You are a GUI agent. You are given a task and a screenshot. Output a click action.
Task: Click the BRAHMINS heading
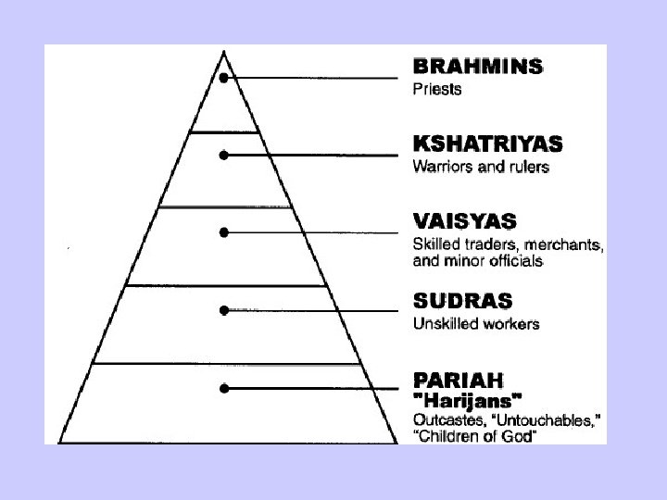[x=477, y=68]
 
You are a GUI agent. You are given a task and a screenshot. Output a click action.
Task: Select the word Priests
[x=436, y=91]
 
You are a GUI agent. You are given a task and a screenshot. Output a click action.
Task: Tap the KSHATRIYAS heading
[x=487, y=144]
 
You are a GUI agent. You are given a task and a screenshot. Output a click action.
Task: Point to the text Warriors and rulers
[x=480, y=168]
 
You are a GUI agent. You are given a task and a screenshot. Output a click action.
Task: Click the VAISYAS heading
[x=464, y=222]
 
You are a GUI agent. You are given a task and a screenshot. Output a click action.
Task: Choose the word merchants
[x=560, y=245]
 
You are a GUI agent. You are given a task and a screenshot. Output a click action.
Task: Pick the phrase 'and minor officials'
[x=476, y=262]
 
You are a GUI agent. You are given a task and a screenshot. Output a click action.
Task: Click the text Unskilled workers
[x=475, y=324]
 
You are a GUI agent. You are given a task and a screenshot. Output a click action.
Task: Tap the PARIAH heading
[x=459, y=380]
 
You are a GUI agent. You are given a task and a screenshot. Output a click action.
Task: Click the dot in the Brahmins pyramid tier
[x=224, y=79]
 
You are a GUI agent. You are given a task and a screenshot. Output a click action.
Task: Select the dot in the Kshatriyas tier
[x=224, y=156]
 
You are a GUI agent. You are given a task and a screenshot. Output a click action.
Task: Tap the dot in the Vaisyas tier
[x=224, y=232]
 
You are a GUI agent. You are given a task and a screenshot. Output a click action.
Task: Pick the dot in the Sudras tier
[x=224, y=310]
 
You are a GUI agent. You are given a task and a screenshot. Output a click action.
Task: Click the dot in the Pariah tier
[x=224, y=389]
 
